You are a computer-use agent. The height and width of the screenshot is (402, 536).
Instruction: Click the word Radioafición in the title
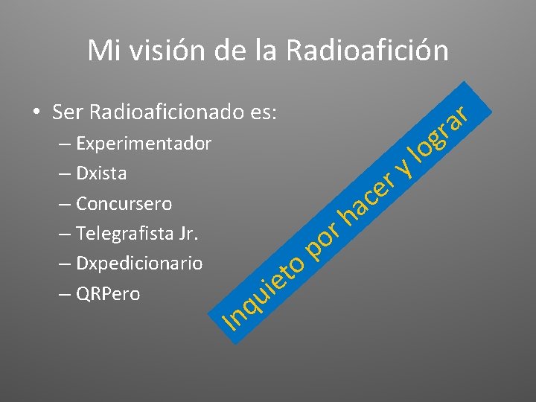(367, 51)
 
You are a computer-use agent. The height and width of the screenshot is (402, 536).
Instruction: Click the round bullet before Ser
(34, 112)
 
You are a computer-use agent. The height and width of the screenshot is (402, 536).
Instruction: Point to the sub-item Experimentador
(144, 143)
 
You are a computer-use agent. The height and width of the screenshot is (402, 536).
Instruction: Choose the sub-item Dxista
(101, 173)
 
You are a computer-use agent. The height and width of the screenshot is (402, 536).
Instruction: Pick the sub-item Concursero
(124, 203)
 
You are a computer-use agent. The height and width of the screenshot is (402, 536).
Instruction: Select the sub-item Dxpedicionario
(139, 264)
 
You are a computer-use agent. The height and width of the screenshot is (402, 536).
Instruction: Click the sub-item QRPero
(108, 294)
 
